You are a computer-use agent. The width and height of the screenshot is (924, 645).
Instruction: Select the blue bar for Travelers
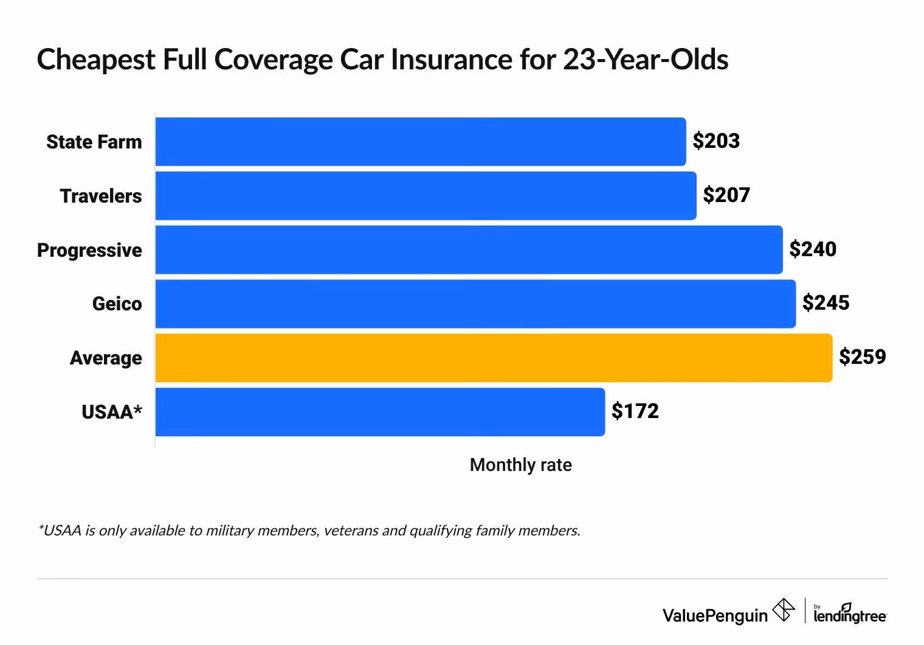tap(426, 196)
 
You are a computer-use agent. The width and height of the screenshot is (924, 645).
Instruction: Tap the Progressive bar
tap(469, 250)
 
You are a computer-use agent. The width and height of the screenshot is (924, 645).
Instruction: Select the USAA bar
tap(380, 412)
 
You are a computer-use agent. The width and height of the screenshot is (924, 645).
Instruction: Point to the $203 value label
tap(716, 141)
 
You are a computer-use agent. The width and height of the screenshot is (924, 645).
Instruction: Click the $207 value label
tap(726, 195)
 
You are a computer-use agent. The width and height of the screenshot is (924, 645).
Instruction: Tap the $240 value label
tap(813, 249)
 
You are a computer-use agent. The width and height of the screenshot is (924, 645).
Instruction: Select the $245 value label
tap(826, 303)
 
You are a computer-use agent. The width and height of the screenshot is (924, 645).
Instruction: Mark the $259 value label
tap(862, 357)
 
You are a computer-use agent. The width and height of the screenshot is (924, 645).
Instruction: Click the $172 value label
tap(635, 411)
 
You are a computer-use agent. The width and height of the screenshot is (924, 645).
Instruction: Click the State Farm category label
tap(94, 142)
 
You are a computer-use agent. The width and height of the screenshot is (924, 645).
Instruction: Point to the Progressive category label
tap(89, 251)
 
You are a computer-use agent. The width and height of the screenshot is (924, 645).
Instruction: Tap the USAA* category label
tap(112, 413)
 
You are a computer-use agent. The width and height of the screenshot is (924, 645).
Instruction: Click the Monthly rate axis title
tap(520, 465)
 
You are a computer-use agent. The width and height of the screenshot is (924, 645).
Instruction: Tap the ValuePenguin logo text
tap(715, 616)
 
